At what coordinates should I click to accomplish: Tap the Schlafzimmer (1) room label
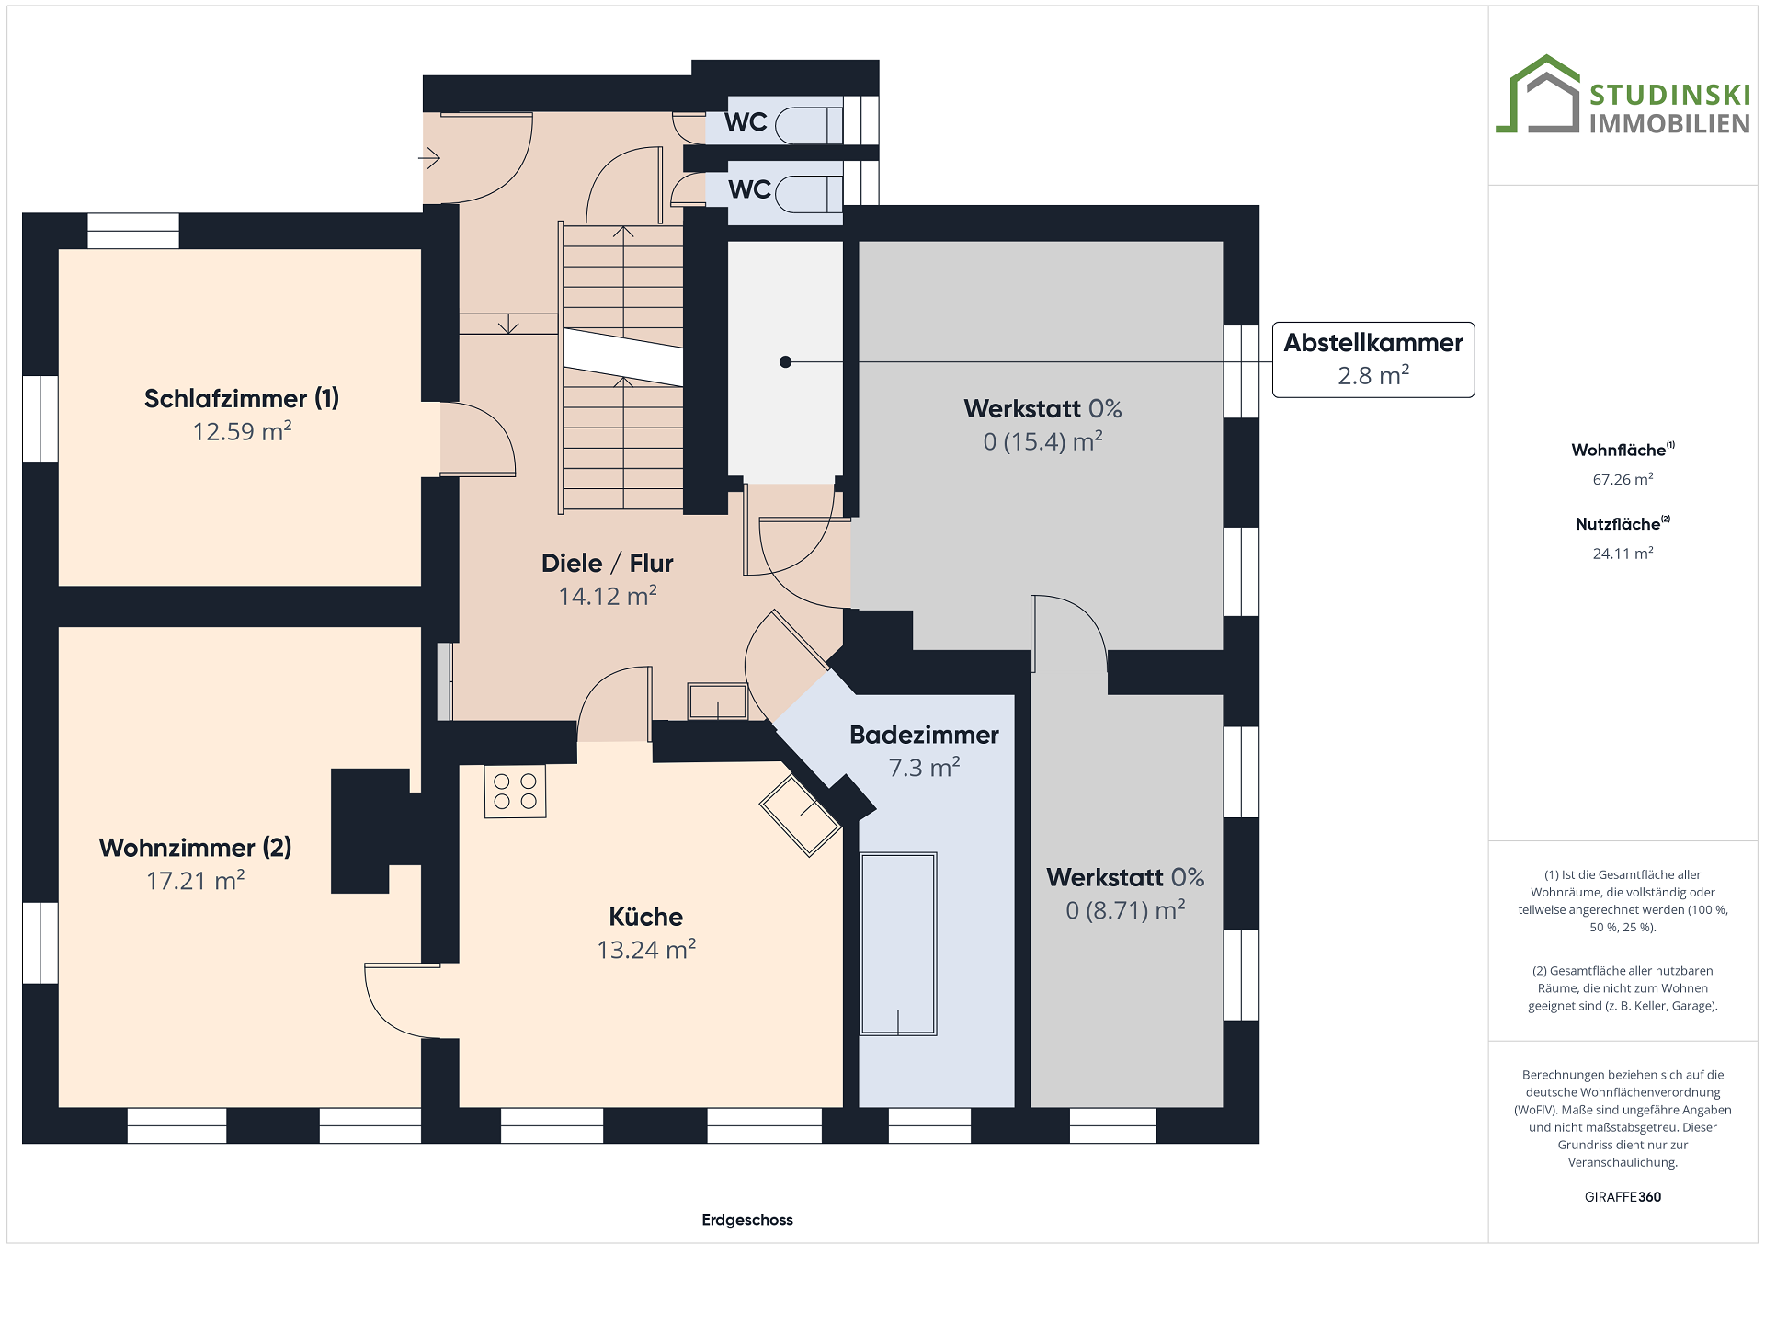[242, 398]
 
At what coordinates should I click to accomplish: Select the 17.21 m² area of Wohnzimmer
[196, 880]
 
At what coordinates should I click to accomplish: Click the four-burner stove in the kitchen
[515, 792]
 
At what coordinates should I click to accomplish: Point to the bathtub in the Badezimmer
[898, 944]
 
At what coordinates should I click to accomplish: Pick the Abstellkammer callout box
[1373, 360]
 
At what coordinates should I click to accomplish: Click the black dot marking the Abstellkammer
[785, 362]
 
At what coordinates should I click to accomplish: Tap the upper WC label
[746, 121]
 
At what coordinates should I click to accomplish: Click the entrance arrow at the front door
[429, 158]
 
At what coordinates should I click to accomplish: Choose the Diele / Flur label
[608, 563]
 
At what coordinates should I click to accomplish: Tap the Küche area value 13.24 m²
[646, 949]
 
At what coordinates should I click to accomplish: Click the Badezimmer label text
[924, 735]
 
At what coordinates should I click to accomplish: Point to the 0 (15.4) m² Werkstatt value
[1042, 441]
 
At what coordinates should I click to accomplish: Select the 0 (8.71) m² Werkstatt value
[1125, 910]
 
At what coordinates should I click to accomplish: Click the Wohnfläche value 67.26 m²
[1623, 479]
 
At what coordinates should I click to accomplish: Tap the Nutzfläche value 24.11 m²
[1623, 553]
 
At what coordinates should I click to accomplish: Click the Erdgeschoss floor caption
[747, 1220]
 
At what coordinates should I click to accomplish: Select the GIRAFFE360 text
[1623, 1197]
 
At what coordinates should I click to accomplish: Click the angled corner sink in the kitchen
[801, 816]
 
